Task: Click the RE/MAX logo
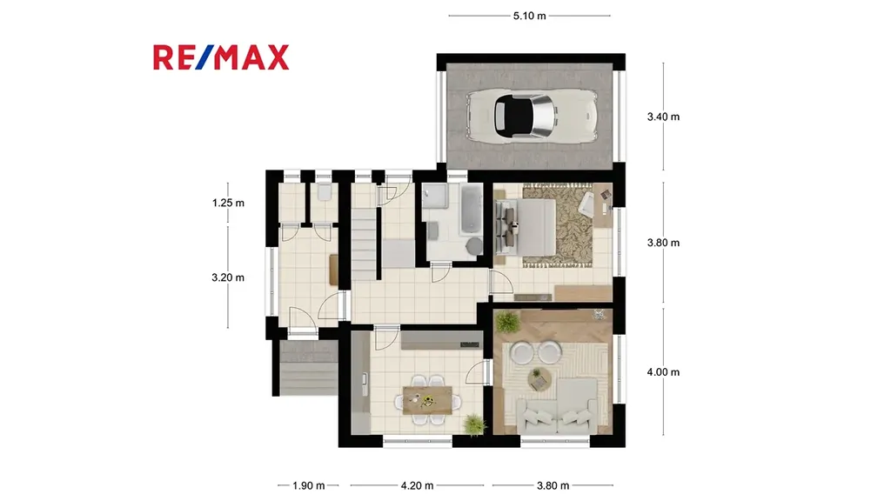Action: pyautogui.click(x=221, y=57)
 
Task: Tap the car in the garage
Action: pyautogui.click(x=532, y=116)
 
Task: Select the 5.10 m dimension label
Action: pyautogui.click(x=530, y=16)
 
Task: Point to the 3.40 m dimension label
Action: pyautogui.click(x=663, y=117)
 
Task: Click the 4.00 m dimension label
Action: pyautogui.click(x=663, y=372)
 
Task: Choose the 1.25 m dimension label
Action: pyautogui.click(x=229, y=203)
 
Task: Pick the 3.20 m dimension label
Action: pyautogui.click(x=228, y=277)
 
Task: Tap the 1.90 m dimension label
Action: pyautogui.click(x=309, y=485)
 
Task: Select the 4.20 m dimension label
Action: pyautogui.click(x=417, y=485)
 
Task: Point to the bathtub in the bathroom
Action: pyautogui.click(x=471, y=209)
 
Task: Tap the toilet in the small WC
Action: pyautogui.click(x=325, y=191)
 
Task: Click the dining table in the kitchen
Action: pyautogui.click(x=428, y=400)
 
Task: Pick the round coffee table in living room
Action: pyautogui.click(x=537, y=378)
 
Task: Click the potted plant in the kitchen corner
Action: pyautogui.click(x=474, y=424)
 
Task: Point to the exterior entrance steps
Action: pyautogui.click(x=309, y=368)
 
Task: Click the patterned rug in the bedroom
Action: pyautogui.click(x=558, y=225)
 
